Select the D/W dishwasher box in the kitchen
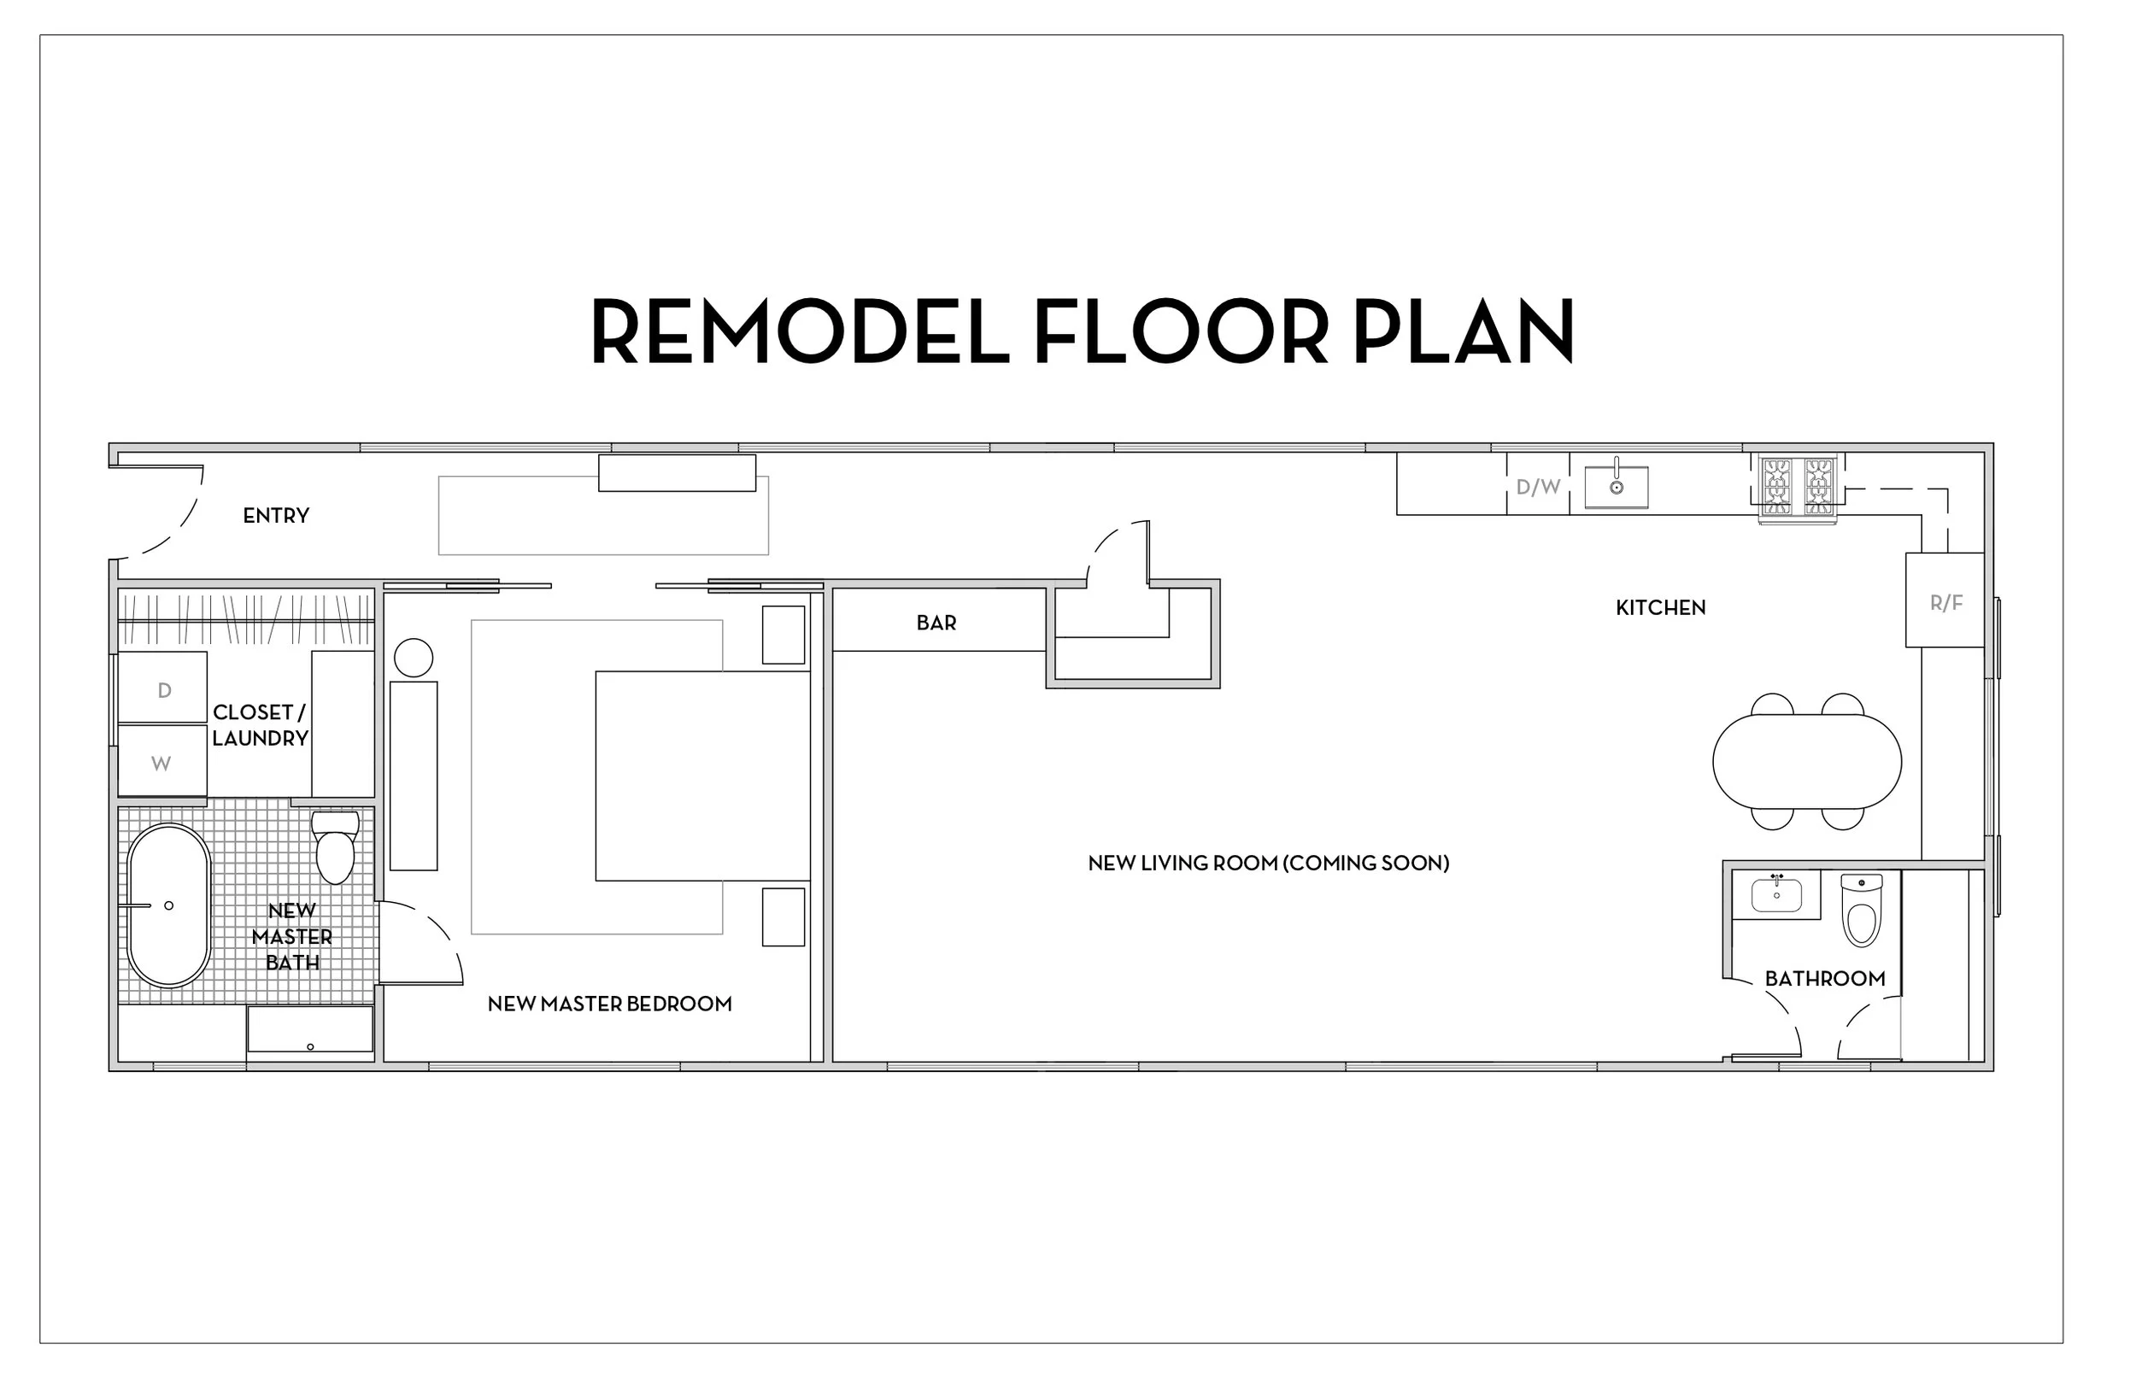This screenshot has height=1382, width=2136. point(1537,485)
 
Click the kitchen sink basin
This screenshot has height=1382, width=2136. point(1616,486)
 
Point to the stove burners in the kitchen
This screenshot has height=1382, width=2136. point(1798,485)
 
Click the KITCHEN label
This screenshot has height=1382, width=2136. point(1660,607)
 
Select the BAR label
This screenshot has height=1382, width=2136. point(936,622)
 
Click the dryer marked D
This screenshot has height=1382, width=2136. point(163,688)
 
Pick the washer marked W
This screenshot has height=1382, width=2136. point(161,762)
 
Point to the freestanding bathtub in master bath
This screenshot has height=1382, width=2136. point(168,905)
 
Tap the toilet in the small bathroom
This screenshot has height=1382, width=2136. point(1862,911)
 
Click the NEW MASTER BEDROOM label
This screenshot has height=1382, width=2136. point(609,1004)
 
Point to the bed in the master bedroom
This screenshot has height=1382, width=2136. point(702,776)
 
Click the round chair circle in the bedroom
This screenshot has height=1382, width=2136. point(414,658)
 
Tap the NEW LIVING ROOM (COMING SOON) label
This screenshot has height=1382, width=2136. point(1268,864)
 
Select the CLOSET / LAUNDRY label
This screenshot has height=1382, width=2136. point(260,725)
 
